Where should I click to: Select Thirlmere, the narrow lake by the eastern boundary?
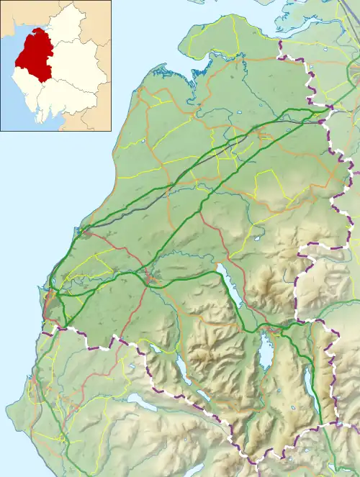(x=312, y=381)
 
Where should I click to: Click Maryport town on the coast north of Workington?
(x=85, y=231)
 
